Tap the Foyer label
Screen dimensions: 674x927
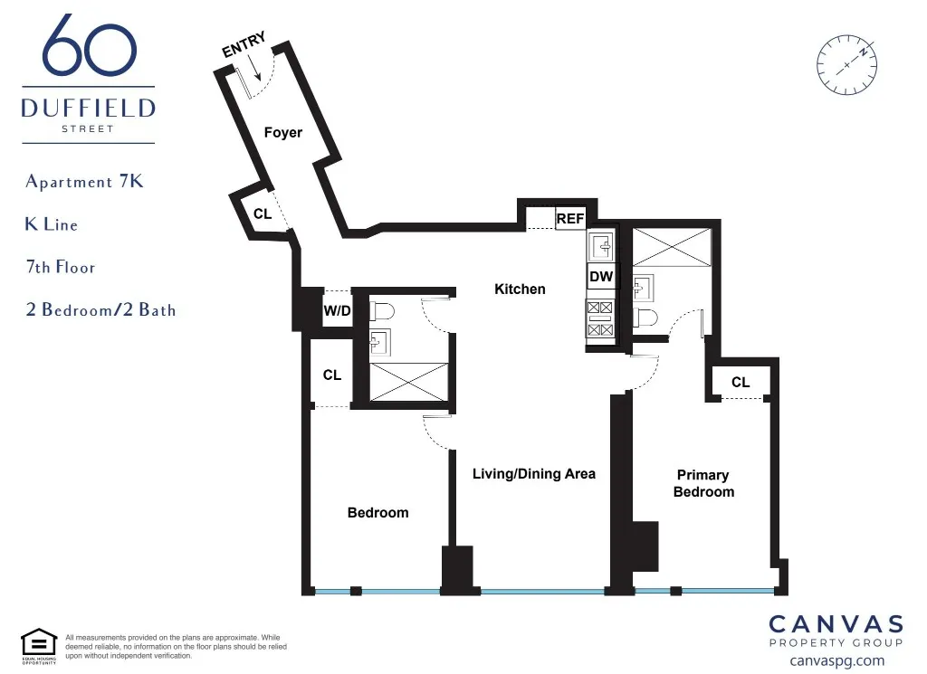point(282,133)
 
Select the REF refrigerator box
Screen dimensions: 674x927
point(569,218)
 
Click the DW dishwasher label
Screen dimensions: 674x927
point(601,277)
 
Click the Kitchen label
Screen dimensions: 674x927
point(520,290)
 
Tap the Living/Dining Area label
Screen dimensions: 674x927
point(534,473)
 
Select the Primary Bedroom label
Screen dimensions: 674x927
point(703,483)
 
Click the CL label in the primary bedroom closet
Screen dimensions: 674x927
point(741,383)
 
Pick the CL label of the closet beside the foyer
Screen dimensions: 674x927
point(262,214)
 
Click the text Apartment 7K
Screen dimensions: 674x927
point(84,182)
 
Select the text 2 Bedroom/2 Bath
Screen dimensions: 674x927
point(100,310)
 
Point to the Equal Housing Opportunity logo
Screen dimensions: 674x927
point(39,645)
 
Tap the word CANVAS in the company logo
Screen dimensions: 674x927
point(836,624)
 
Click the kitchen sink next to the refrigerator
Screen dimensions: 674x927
point(601,244)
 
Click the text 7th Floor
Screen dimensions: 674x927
point(60,268)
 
